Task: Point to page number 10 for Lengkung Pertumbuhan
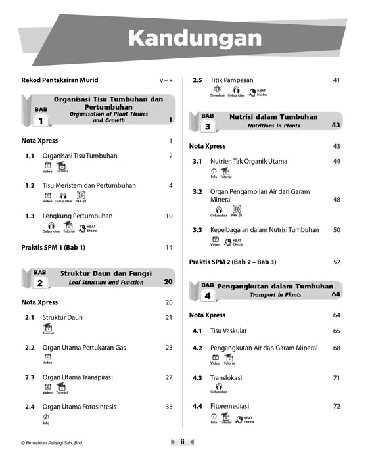(169, 216)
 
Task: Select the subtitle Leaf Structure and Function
(106, 282)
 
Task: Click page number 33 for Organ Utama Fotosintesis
(169, 407)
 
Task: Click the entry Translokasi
(226, 378)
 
